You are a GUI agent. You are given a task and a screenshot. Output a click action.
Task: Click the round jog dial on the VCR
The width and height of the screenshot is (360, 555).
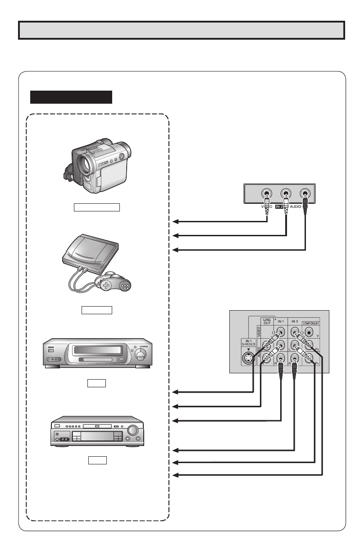141,356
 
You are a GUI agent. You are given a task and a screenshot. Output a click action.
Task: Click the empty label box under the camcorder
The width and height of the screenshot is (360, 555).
97,207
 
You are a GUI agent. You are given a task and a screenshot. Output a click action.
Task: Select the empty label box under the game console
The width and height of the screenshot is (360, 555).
96,310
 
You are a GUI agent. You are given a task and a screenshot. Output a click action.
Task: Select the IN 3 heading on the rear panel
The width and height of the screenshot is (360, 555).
295,321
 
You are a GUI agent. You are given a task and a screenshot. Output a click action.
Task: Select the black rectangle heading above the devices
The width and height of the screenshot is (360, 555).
71,97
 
